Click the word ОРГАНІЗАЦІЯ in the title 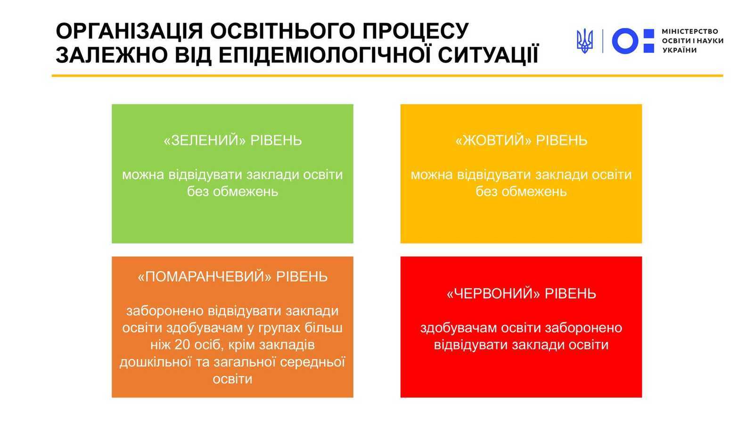pyautogui.click(x=129, y=31)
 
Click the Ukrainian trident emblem pyautogui.click(x=585, y=41)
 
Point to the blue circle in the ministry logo pyautogui.click(x=625, y=41)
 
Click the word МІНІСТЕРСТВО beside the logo pyautogui.click(x=690, y=31)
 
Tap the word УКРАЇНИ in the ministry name pyautogui.click(x=679, y=50)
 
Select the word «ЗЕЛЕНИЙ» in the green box pyautogui.click(x=205, y=140)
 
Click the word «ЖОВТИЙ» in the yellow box pyautogui.click(x=493, y=140)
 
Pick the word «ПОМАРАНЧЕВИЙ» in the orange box pyautogui.click(x=205, y=276)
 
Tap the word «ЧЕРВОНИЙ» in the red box pyautogui.click(x=493, y=294)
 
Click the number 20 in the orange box pyautogui.click(x=182, y=345)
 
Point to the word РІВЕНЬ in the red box pyautogui.click(x=571, y=294)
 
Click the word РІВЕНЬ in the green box pyautogui.click(x=276, y=140)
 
